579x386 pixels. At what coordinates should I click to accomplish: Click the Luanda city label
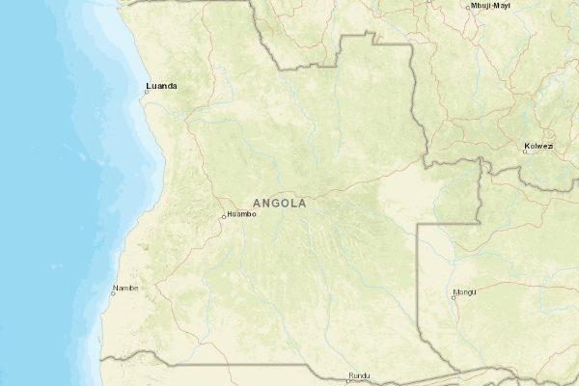[x=161, y=86]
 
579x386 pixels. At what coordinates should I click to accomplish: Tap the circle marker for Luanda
[x=147, y=93]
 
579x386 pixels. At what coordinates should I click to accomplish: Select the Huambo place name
[x=242, y=213]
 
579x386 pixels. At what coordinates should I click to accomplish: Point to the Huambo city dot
[x=224, y=216]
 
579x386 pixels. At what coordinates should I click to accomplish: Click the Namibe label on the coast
[x=126, y=288]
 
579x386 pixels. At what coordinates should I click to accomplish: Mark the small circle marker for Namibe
[x=112, y=294]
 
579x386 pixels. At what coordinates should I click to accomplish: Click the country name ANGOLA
[x=279, y=204]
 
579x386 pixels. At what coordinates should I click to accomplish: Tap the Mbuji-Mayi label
[x=489, y=6]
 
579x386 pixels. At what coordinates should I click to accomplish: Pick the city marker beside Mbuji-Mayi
[x=468, y=8]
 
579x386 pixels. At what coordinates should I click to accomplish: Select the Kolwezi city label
[x=538, y=146]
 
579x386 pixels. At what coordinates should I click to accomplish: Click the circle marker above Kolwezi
[x=526, y=152]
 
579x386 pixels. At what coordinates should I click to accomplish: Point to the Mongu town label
[x=465, y=290]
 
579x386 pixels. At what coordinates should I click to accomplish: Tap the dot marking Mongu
[x=453, y=297]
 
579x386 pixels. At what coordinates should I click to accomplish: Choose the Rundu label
[x=359, y=374]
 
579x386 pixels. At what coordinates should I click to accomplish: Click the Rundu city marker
[x=348, y=380]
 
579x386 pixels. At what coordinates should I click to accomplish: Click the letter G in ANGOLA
[x=275, y=204]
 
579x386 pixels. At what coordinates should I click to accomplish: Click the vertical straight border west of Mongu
[x=417, y=289]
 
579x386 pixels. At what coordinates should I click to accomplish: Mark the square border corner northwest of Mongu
[x=417, y=224]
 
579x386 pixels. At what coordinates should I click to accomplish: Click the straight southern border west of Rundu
[x=241, y=365]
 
